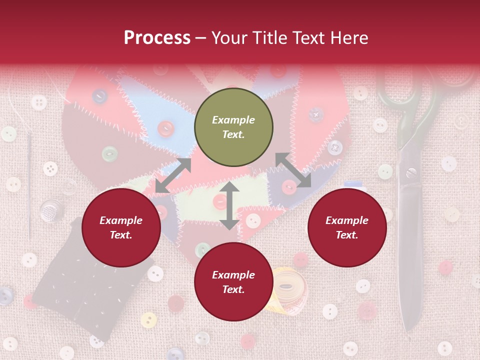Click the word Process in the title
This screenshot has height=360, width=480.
tap(157, 37)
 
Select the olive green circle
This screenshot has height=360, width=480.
tap(233, 127)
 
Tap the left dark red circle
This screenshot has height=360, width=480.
tap(121, 227)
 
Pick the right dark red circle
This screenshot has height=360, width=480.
tap(347, 227)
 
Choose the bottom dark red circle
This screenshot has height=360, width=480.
tap(233, 282)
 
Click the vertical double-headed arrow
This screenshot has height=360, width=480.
tap(229, 205)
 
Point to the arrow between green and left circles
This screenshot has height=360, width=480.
tap(173, 175)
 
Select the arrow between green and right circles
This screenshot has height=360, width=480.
tap(293, 170)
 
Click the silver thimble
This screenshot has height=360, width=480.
tap(49, 210)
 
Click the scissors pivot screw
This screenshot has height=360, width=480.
tap(411, 173)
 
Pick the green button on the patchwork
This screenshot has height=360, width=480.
tap(109, 153)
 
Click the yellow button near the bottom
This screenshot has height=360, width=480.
tap(148, 319)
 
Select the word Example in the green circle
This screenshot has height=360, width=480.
tap(233, 120)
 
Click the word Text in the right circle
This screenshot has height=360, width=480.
tap(347, 235)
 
